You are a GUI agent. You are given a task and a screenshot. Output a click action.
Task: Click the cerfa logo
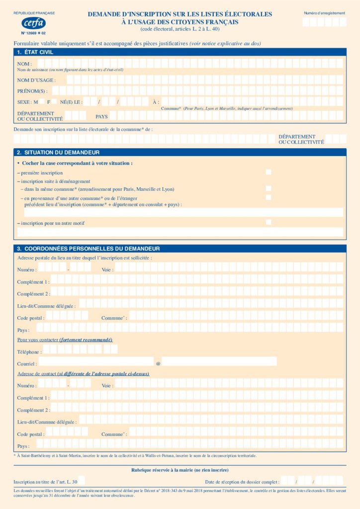(34, 23)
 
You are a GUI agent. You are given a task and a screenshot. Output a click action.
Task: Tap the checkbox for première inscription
(269, 172)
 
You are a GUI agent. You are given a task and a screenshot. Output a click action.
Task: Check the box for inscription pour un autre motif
(269, 222)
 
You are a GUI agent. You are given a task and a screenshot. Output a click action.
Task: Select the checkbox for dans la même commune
(269, 188)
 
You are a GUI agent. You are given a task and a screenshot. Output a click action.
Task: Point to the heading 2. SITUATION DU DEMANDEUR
(58, 152)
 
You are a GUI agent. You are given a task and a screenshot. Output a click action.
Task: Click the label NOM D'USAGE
(36, 80)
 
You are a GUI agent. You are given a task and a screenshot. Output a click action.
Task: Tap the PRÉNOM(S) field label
(32, 91)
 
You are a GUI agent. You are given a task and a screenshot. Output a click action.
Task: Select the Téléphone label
(28, 352)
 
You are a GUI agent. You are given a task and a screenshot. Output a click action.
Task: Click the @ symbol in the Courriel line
(158, 363)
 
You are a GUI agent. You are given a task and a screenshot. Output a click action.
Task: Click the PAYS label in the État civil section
(101, 116)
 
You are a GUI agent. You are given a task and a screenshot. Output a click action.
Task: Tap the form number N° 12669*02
(33, 33)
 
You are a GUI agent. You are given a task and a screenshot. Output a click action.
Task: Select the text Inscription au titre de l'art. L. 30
(45, 482)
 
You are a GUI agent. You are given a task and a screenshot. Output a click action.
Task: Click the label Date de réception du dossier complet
(242, 482)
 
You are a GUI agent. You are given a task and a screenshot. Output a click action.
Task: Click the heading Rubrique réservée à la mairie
(180, 470)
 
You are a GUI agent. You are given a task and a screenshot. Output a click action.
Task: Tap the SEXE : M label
(27, 102)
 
